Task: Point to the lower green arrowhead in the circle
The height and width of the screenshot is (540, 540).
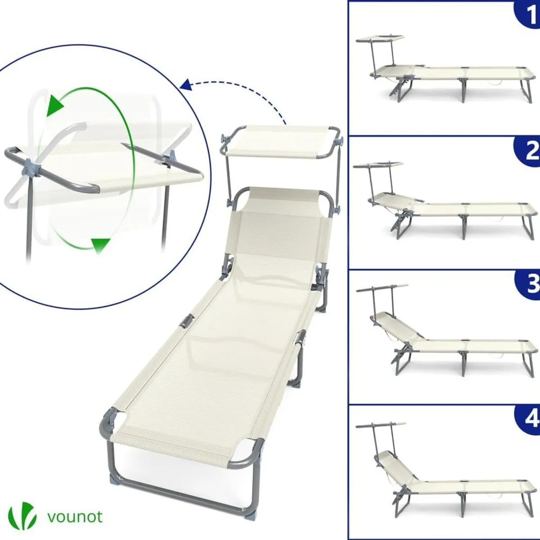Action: click(100, 245)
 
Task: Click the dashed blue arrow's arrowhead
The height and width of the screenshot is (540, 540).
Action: click(185, 84)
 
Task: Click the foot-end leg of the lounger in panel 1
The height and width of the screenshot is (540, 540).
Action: click(525, 90)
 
